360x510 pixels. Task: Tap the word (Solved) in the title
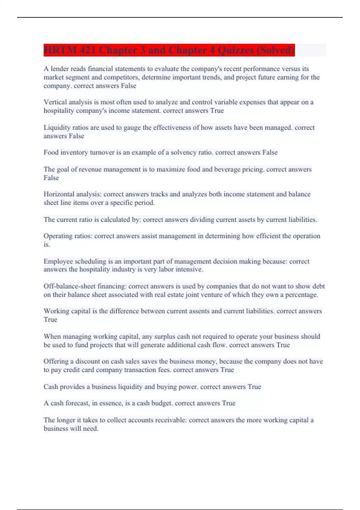click(275, 50)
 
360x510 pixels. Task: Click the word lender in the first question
click(60, 69)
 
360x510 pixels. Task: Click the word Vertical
click(55, 102)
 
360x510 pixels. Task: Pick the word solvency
click(184, 152)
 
